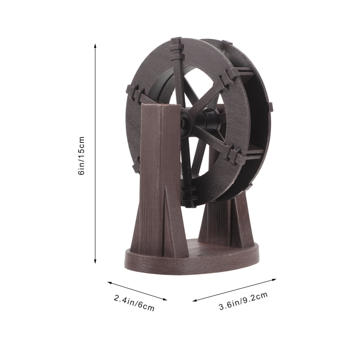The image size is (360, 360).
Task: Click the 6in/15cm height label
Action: click(81, 156)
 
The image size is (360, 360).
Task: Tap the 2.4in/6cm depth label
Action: click(134, 303)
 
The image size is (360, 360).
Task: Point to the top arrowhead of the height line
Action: click(95, 46)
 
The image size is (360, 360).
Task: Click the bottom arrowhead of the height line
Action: click(95, 261)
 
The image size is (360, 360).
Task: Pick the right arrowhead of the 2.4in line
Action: click(164, 299)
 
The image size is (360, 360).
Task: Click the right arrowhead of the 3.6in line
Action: click(273, 280)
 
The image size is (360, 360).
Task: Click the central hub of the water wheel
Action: click(185, 120)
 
